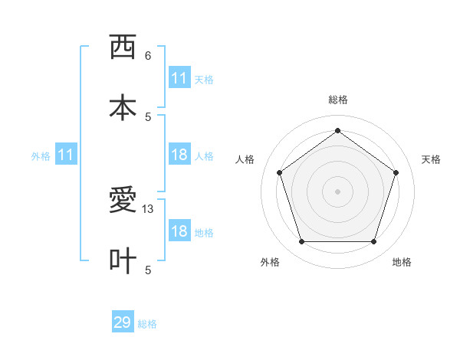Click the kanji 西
123,47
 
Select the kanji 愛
123,201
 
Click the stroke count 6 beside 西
148,56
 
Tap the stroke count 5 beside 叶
148,270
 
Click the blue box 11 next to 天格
179,78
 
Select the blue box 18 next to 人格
179,155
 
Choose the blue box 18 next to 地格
179,231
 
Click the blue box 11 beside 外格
66,155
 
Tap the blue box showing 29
123,322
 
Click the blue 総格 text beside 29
147,324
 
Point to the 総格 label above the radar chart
338,100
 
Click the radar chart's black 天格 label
431,159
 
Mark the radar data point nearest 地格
373,242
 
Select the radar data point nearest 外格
301,242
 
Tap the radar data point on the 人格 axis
279,172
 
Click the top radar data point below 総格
337,130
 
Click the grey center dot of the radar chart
337,191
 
